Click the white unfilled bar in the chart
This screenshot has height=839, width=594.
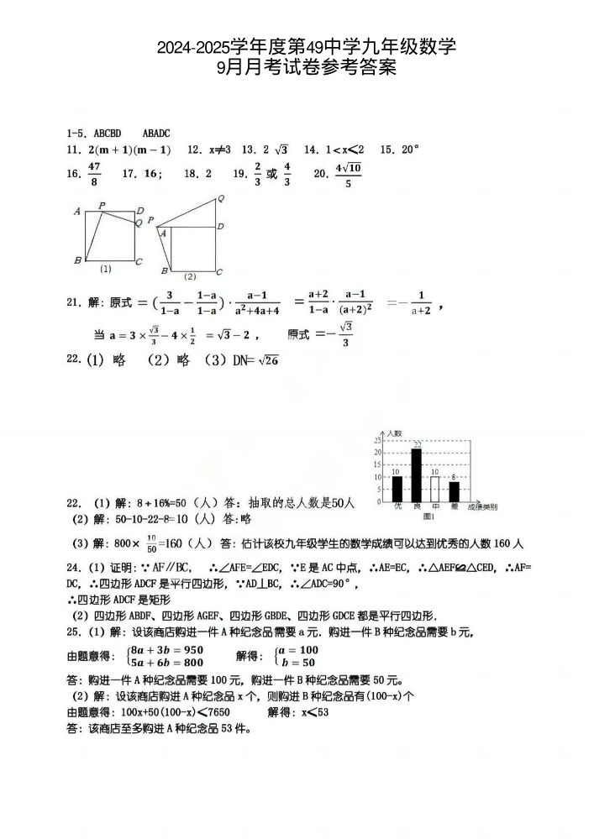point(435,489)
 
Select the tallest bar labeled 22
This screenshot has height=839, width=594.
point(416,475)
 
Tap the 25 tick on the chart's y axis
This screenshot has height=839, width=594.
point(378,439)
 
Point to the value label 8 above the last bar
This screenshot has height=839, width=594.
point(454,476)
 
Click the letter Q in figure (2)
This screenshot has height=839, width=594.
point(220,199)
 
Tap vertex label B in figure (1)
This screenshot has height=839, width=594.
point(77,260)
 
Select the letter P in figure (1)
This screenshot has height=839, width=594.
point(102,205)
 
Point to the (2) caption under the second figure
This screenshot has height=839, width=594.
point(190,276)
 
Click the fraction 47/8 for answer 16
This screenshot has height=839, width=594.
point(93,175)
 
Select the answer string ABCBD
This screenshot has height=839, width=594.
point(108,133)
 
